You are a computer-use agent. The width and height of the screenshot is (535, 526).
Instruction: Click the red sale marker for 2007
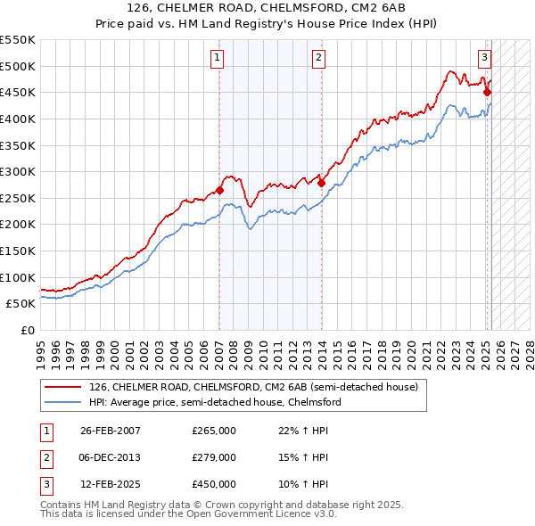pyautogui.click(x=219, y=190)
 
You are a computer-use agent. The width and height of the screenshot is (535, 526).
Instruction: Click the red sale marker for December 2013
pyautogui.click(x=321, y=184)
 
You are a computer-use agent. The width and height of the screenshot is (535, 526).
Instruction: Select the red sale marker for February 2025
pyautogui.click(x=487, y=92)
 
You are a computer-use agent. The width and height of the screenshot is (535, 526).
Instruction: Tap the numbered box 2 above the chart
pyautogui.click(x=318, y=59)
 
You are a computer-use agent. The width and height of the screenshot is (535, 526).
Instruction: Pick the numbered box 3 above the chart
pyautogui.click(x=484, y=59)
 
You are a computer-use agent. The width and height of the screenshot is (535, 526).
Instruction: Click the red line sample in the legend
pyautogui.click(x=64, y=388)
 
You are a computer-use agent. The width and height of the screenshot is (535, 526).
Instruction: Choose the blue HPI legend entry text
pyautogui.click(x=215, y=402)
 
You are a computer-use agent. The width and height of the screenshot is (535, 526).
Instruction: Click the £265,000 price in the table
pyautogui.click(x=213, y=431)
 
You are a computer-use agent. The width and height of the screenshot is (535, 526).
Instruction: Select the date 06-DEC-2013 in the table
pyautogui.click(x=111, y=457)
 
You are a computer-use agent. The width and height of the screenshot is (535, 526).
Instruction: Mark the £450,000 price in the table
pyautogui.click(x=213, y=484)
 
